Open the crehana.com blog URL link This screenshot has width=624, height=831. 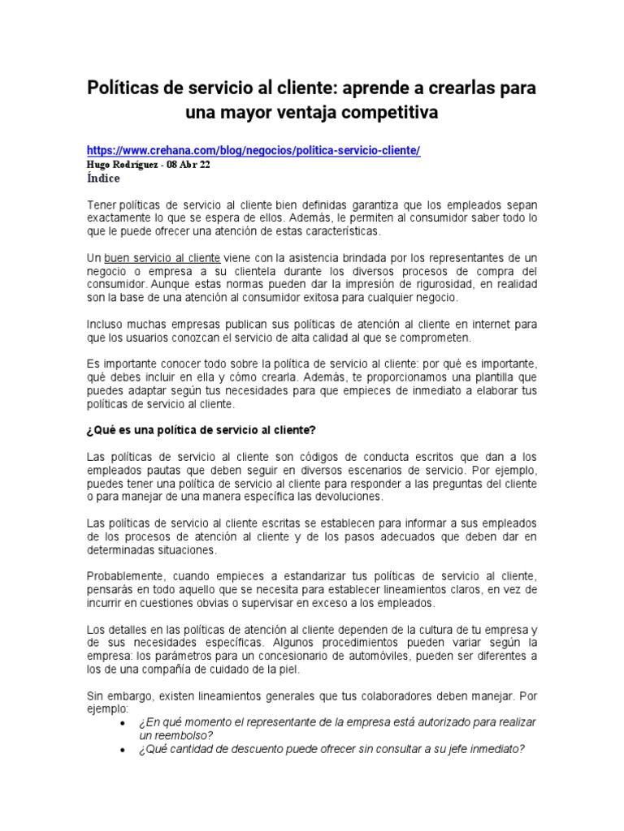point(253,152)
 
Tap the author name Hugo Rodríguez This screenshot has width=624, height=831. point(123,165)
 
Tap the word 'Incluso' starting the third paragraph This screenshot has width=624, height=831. point(105,324)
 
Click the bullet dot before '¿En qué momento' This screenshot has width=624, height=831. point(122,722)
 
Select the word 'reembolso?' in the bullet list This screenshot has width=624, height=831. point(171,734)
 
